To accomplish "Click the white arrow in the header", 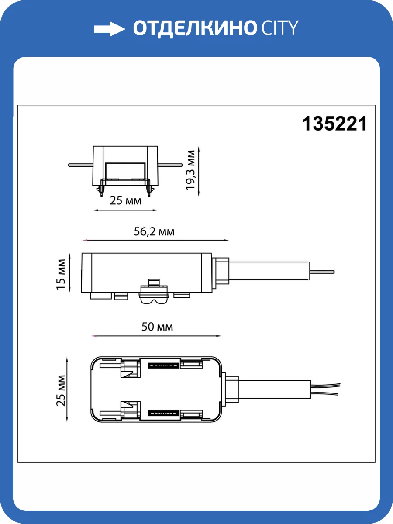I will tap(110, 29).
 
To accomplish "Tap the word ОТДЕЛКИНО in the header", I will tap(194, 29).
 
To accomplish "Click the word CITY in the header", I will tap(279, 29).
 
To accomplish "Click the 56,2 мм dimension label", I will tap(154, 231).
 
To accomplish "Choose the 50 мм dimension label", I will tap(157, 327).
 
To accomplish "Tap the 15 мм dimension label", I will tap(61, 274).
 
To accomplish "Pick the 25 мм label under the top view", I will tap(125, 201).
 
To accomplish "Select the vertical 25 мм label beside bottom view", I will tap(61, 390).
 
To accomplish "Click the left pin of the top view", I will tap(80, 165).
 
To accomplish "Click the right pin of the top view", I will tap(170, 165).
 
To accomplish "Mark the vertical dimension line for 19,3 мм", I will tap(199, 172).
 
